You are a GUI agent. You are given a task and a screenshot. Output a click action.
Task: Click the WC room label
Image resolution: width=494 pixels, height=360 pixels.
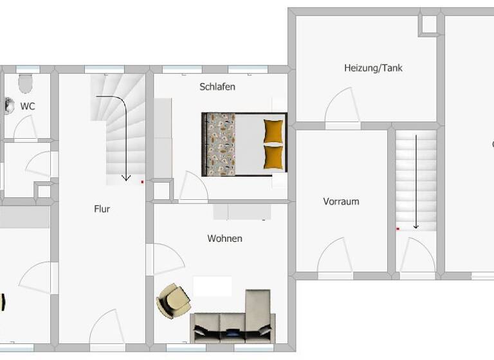tap(28, 106)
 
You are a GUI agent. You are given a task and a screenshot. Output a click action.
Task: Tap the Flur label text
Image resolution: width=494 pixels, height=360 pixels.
tap(102, 208)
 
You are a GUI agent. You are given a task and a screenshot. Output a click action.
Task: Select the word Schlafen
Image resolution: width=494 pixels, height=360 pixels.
tap(217, 87)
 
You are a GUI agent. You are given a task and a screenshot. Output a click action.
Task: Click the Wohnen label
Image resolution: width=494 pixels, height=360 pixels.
tap(224, 239)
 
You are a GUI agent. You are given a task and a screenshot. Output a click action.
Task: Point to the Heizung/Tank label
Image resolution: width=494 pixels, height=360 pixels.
tap(373, 67)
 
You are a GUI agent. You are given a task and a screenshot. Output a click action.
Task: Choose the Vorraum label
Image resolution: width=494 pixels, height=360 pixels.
tap(341, 201)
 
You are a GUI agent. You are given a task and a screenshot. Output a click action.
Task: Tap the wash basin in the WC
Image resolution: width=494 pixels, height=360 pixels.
tap(9, 105)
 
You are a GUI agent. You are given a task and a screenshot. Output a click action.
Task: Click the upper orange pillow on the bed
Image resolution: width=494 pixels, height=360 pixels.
tap(273, 130)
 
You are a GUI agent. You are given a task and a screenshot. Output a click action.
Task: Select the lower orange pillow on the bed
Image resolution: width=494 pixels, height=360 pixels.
tap(273, 156)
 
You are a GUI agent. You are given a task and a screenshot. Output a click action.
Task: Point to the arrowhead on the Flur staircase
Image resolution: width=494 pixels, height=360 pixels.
tap(126, 177)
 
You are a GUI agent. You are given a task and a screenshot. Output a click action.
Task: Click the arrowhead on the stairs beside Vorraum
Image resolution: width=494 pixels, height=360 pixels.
tap(416, 226)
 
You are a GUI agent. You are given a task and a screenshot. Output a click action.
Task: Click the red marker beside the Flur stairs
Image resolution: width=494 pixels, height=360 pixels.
tap(142, 182)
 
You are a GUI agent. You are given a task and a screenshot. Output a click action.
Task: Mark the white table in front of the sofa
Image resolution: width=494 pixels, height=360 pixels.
tap(212, 286)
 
